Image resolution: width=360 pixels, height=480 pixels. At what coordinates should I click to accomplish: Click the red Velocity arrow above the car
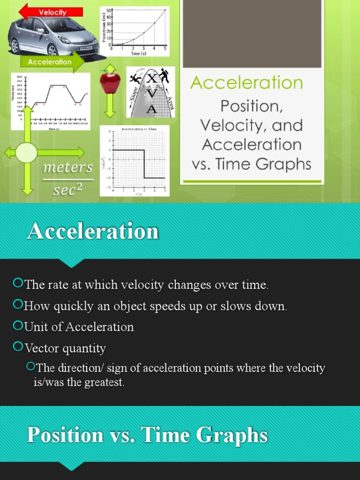(52, 12)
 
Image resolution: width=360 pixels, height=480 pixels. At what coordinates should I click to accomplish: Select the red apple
(110, 82)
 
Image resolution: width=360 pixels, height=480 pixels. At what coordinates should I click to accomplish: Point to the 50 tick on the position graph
(109, 10)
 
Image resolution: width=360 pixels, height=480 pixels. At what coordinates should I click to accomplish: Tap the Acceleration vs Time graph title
(139, 128)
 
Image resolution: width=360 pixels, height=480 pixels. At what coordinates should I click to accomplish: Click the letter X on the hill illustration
(151, 79)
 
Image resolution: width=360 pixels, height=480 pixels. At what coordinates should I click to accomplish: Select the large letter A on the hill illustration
(151, 109)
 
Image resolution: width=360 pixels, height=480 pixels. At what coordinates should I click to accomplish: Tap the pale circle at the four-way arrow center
(26, 153)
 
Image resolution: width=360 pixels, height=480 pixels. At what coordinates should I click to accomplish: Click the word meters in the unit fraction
(68, 167)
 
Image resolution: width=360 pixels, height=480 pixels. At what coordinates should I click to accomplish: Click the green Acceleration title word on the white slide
(247, 83)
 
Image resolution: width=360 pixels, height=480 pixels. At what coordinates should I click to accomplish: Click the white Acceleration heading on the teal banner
(93, 232)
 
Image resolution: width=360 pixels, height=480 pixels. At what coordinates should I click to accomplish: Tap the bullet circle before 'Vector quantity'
(18, 347)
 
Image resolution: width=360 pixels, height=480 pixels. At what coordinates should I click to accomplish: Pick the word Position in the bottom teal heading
(65, 435)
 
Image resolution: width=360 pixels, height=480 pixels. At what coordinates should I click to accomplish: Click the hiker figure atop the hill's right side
(164, 75)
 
